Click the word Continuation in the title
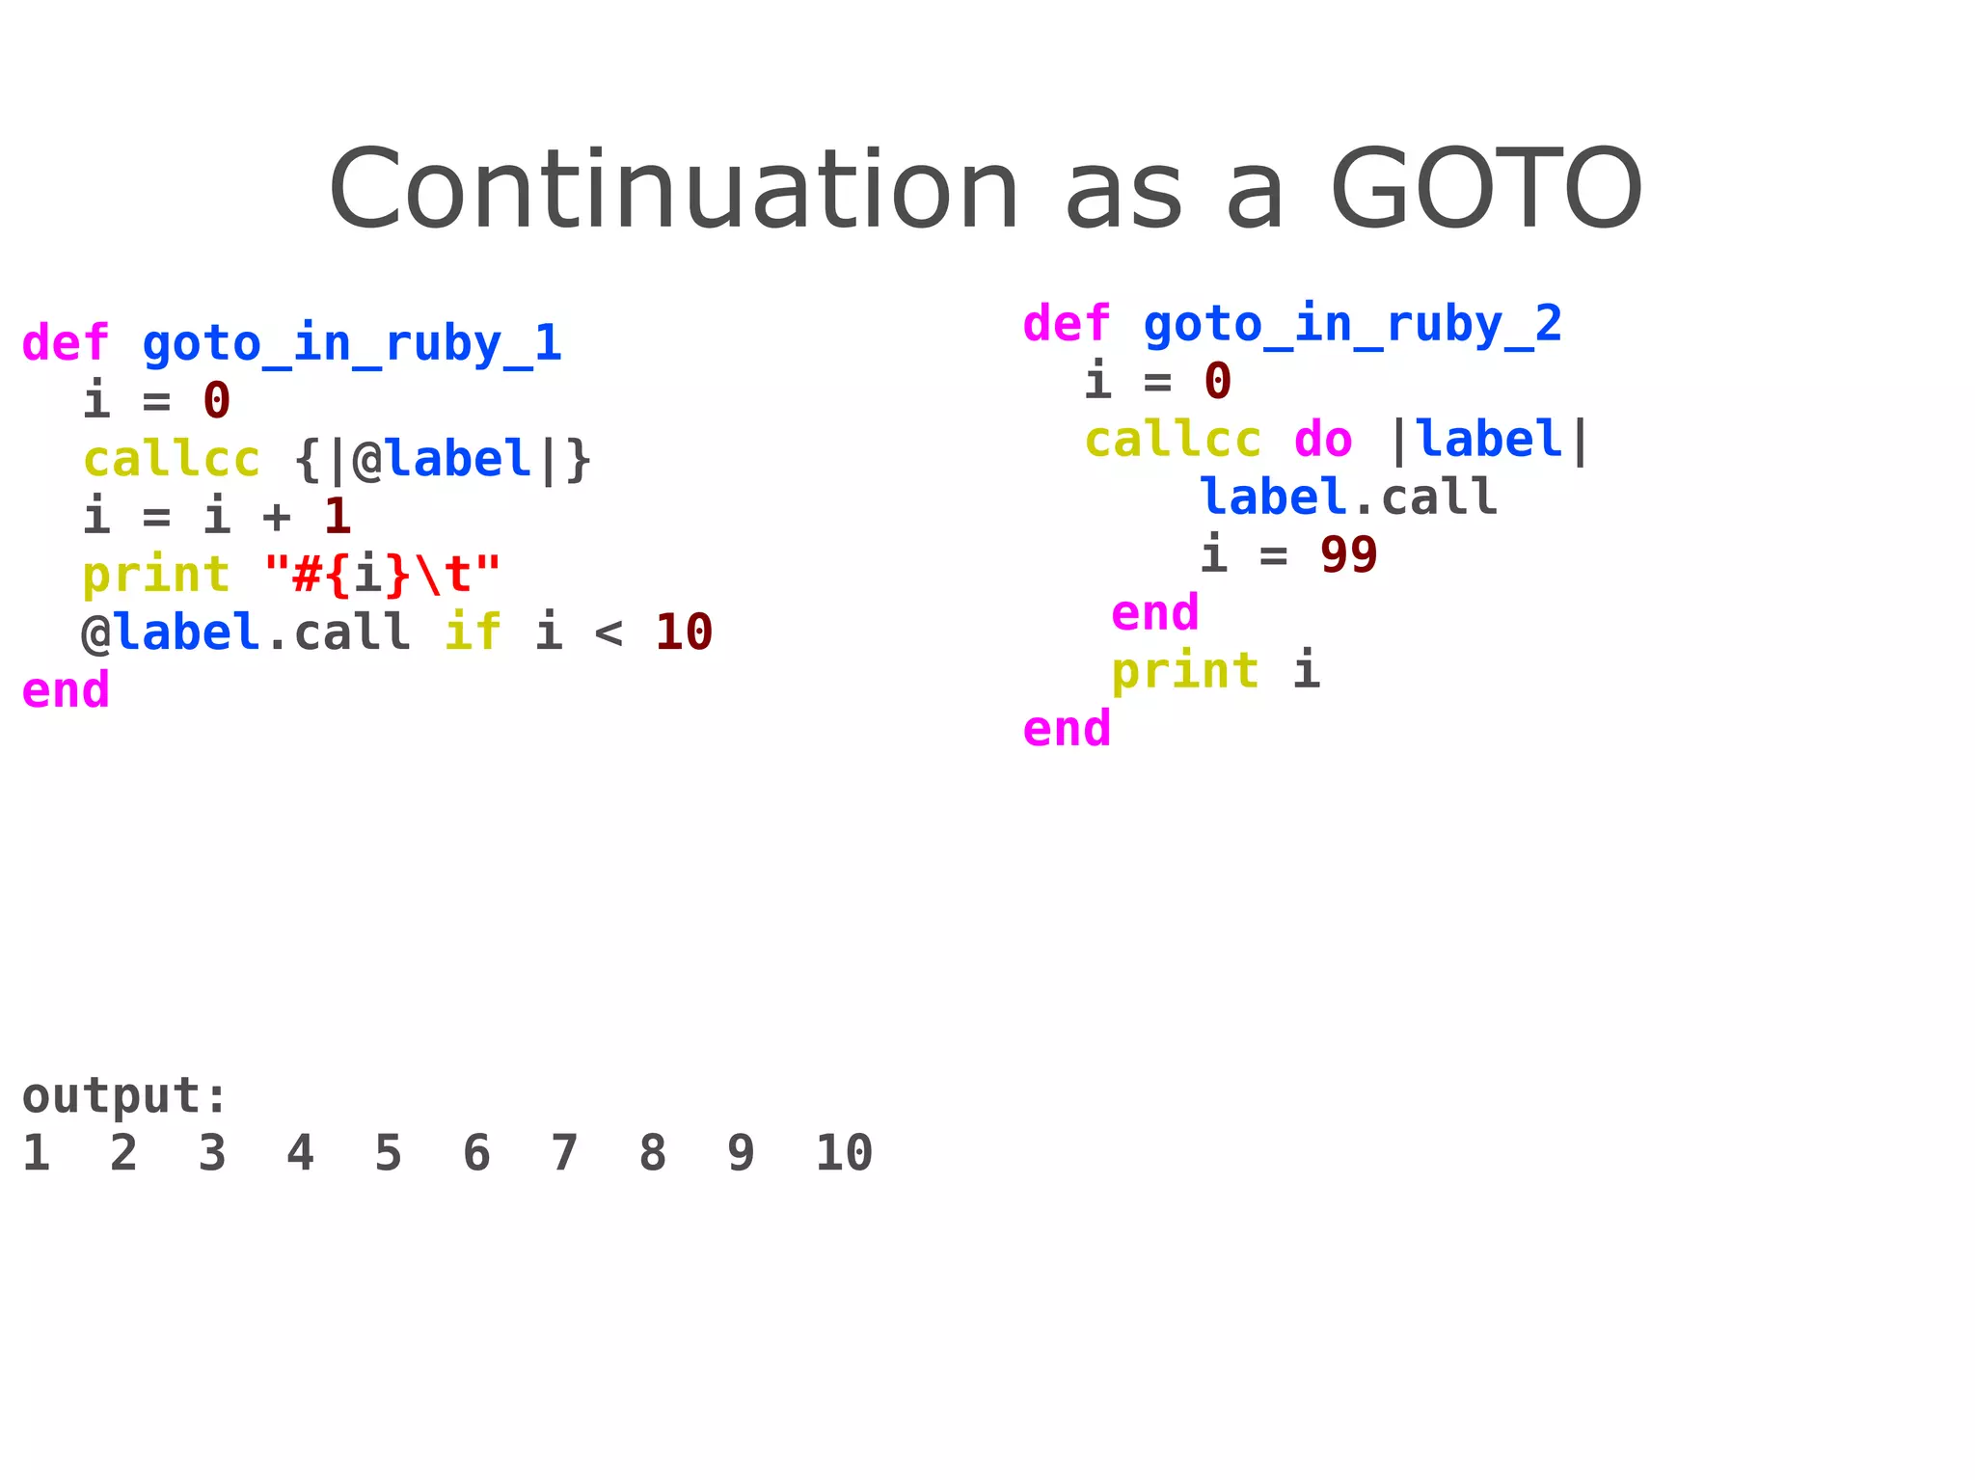tap(672, 190)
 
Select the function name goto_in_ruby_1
tap(352, 344)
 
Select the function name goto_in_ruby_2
tap(1352, 324)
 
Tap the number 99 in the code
tap(1348, 555)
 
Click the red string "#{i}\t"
tap(382, 576)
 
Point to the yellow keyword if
tap(473, 633)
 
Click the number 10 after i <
tap(683, 633)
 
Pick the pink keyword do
tap(1323, 441)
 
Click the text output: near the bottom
tap(123, 1096)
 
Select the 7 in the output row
tap(564, 1153)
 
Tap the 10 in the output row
tap(844, 1153)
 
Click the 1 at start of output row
tap(37, 1153)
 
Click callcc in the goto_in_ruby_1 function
tap(172, 460)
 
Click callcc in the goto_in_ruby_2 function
tap(1173, 441)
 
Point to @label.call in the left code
tap(246, 633)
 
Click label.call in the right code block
tap(1348, 498)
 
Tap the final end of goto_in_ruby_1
tap(66, 691)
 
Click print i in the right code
tap(1215, 671)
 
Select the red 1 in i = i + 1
tap(337, 517)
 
